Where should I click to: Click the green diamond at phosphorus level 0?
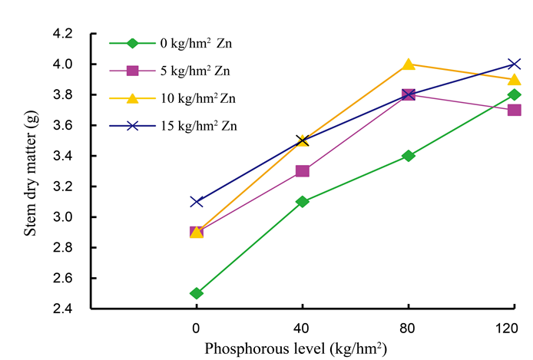point(197,293)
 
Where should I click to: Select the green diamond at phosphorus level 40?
point(303,202)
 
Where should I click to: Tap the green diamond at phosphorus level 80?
point(409,156)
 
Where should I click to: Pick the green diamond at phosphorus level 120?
point(515,94)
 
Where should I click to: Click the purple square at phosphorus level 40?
point(303,171)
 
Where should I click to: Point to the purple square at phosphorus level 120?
point(515,110)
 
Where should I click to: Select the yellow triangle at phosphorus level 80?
point(409,64)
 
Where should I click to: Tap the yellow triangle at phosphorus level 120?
point(515,79)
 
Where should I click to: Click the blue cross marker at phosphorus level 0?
point(197,202)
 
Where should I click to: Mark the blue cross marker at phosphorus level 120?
point(515,64)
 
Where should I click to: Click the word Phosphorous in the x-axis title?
point(240,348)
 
